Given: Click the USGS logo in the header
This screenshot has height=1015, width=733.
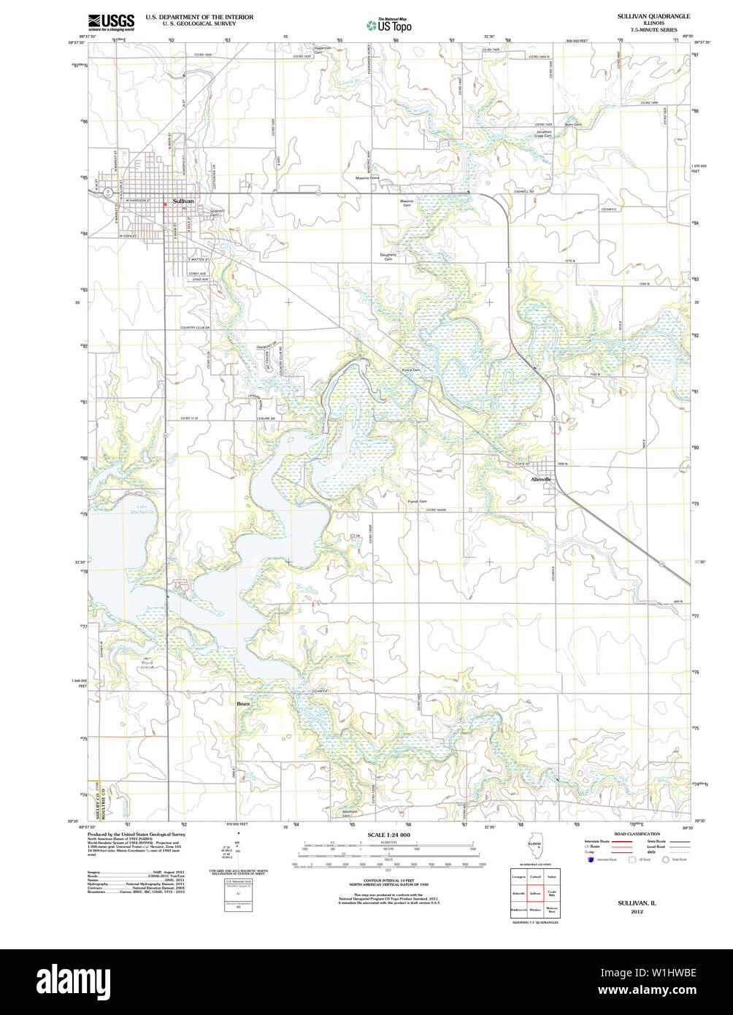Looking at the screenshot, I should tap(110, 21).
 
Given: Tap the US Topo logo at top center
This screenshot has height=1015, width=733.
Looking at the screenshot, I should tap(388, 25).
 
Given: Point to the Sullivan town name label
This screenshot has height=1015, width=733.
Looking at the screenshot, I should tap(183, 201).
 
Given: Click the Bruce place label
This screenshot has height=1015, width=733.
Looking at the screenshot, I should tap(243, 704).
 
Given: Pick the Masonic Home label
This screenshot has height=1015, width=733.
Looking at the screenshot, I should tap(367, 178).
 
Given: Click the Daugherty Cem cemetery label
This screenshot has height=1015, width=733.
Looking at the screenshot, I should tap(388, 256).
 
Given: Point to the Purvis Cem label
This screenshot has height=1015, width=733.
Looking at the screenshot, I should tap(411, 370).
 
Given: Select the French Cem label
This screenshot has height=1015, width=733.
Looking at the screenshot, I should tap(418, 502).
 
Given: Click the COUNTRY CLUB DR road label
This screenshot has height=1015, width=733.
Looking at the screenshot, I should tap(195, 328).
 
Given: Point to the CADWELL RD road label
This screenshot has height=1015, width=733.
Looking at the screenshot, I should tap(525, 191).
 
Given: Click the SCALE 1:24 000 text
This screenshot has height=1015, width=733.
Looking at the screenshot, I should tap(388, 835).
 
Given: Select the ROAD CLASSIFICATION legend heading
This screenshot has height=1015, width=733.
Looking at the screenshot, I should tap(637, 833).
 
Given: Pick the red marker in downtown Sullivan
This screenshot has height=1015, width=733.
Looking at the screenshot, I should tap(166, 205).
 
